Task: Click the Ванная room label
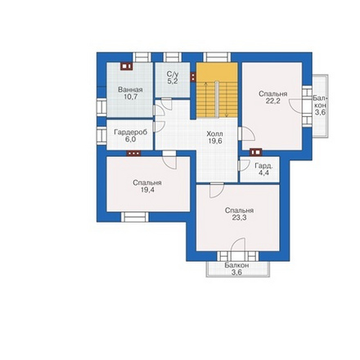130,90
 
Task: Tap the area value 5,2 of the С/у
173,81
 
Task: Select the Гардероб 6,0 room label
131,136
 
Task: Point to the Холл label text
214,134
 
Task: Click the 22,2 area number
272,101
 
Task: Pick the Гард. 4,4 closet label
263,169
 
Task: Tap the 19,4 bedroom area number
147,190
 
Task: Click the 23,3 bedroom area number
239,218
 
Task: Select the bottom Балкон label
236,265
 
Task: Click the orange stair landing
217,72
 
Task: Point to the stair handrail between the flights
217,99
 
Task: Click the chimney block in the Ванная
126,66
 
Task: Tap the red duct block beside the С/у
193,77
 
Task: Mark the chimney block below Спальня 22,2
256,152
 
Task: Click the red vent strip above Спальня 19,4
133,153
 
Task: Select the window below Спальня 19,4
135,217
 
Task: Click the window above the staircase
217,57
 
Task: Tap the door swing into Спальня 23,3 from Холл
217,191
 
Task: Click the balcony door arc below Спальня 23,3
238,245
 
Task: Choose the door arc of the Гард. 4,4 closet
245,165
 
